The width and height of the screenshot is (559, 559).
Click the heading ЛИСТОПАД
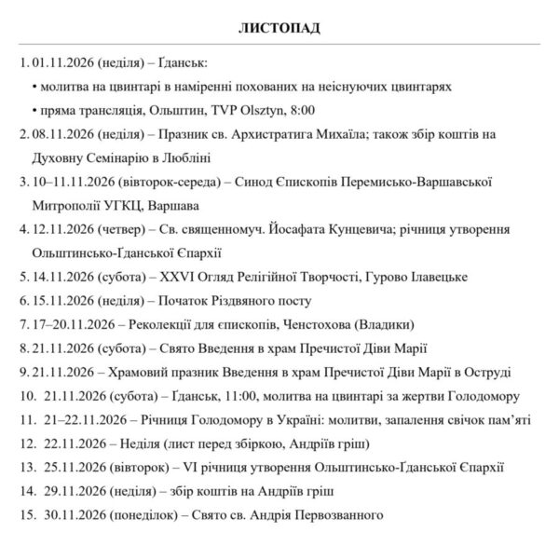coord(279,27)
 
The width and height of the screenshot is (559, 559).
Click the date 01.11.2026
coord(61,63)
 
